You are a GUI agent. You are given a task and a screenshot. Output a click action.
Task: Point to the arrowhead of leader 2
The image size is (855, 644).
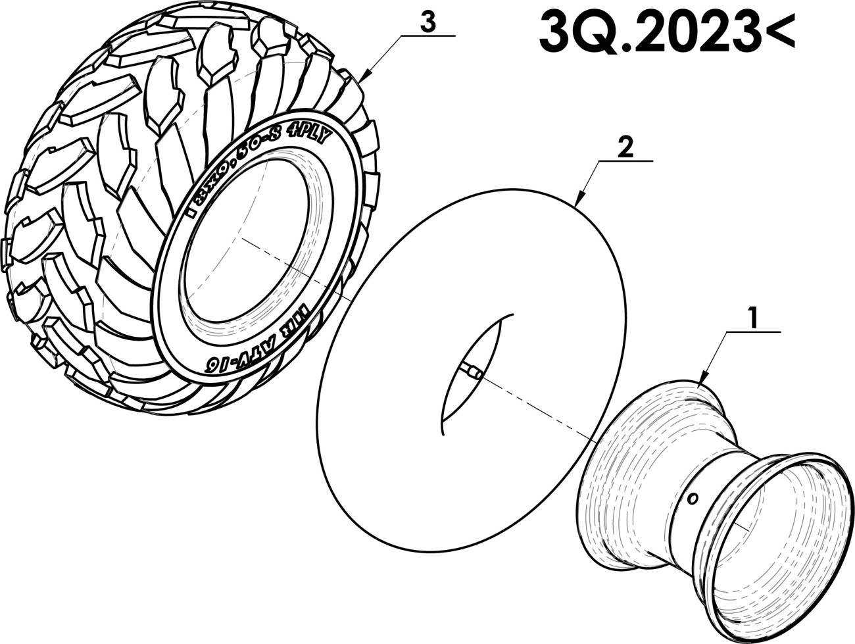coord(577,203)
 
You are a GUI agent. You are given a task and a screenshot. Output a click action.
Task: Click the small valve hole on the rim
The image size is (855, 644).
coord(691,500)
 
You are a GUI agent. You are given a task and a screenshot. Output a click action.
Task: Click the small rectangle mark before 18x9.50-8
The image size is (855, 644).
coord(189,212)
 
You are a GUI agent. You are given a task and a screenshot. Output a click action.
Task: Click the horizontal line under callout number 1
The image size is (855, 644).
coord(752,332)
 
